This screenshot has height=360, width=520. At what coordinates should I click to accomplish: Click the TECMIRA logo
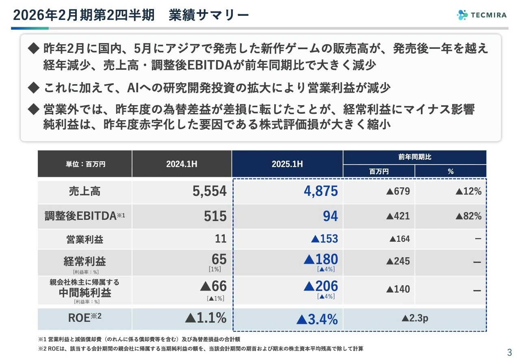[482, 15]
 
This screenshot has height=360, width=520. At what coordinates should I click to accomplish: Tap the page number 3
[509, 352]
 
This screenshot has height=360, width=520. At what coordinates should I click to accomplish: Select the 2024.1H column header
[182, 164]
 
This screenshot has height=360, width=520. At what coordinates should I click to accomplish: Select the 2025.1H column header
[287, 164]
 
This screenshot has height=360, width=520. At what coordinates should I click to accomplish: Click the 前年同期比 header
[414, 157]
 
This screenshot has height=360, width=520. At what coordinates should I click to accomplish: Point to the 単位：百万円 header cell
[85, 164]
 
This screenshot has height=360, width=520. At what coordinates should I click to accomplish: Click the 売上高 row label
[85, 191]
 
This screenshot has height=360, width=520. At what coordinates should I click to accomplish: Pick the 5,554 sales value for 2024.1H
[209, 191]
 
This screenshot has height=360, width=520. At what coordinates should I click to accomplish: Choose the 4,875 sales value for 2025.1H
[321, 191]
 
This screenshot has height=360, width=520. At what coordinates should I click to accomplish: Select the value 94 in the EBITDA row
[330, 216]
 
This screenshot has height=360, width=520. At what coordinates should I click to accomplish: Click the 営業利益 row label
[85, 239]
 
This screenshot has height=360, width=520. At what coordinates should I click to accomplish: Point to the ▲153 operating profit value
[324, 239]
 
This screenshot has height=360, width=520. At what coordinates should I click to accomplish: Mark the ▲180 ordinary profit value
[321, 259]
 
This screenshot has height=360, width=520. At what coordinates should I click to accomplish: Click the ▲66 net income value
[213, 286]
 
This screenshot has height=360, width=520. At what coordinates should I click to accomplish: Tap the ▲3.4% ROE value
[317, 319]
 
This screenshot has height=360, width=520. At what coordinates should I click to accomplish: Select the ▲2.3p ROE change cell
[414, 319]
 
